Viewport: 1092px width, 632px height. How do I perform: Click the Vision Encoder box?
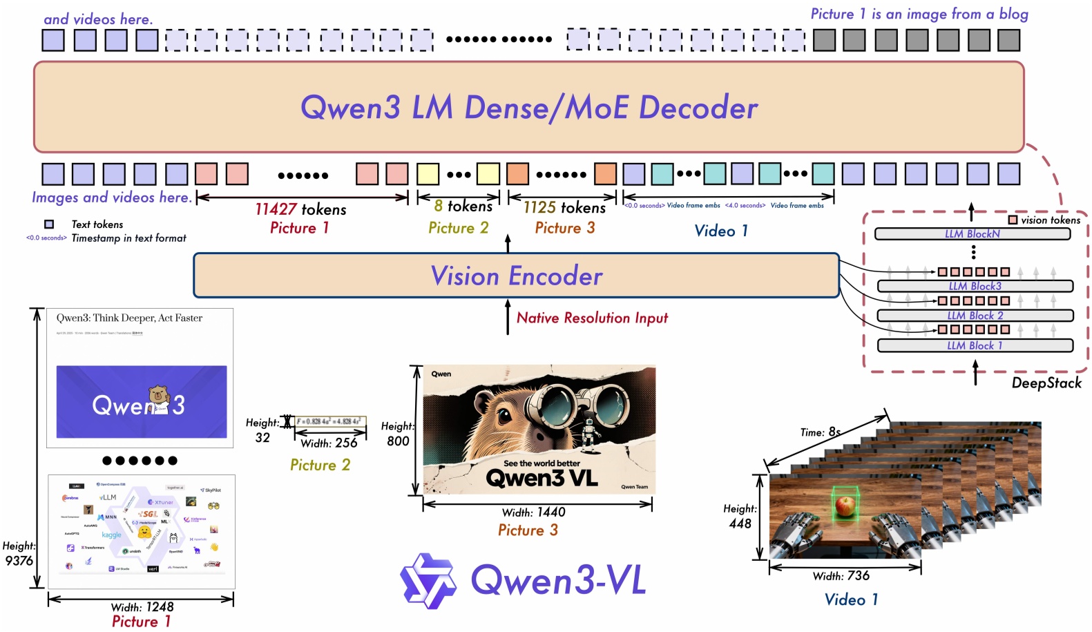click(516, 276)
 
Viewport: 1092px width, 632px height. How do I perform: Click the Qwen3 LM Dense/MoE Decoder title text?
click(529, 108)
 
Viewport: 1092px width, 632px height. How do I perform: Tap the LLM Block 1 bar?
click(975, 345)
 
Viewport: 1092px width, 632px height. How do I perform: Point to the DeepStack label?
click(1046, 383)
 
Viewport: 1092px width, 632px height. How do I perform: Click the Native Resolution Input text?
click(592, 318)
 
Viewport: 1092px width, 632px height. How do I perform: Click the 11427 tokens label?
click(300, 209)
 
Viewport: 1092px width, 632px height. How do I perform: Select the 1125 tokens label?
click(564, 208)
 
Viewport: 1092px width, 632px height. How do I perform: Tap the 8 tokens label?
click(463, 206)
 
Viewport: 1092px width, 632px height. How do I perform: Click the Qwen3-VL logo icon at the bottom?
click(428, 580)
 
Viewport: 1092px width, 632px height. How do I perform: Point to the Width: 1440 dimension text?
click(533, 513)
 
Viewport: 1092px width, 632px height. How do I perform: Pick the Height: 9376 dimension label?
click(19, 553)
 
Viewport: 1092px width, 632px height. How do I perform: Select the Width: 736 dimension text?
click(841, 576)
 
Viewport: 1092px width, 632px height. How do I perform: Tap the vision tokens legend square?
click(1013, 220)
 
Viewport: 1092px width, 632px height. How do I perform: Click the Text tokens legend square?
click(49, 224)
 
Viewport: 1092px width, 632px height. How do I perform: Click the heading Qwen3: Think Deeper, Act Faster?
click(129, 318)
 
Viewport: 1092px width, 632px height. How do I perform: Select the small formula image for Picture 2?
click(329, 421)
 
